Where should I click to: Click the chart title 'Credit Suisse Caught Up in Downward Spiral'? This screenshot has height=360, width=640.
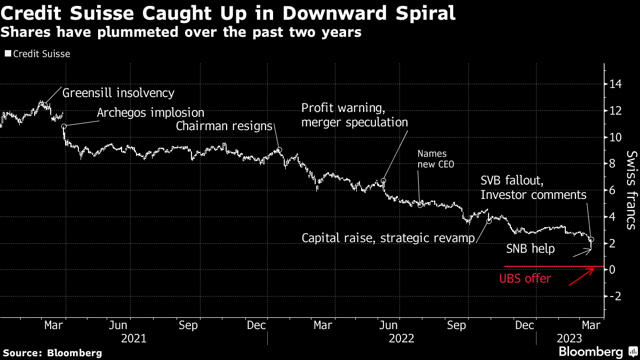(228, 13)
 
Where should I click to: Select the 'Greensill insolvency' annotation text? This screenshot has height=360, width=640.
(118, 93)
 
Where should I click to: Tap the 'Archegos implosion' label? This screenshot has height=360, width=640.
(151, 113)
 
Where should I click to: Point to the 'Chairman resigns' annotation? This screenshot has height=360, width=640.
(224, 126)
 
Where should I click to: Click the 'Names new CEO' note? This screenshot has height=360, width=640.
(436, 159)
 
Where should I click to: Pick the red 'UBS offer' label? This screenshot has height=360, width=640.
(525, 278)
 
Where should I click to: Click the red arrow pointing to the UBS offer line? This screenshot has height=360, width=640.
(581, 277)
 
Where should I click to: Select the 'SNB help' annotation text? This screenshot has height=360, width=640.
(530, 249)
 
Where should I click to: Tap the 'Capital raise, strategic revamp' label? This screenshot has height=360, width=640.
(388, 238)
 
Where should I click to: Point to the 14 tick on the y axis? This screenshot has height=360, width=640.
(616, 84)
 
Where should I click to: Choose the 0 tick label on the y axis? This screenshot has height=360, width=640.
(614, 270)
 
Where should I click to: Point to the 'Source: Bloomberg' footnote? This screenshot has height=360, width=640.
(52, 353)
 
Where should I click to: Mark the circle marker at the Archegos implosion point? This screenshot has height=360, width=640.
(64, 126)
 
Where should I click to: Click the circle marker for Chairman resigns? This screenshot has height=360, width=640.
(278, 150)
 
